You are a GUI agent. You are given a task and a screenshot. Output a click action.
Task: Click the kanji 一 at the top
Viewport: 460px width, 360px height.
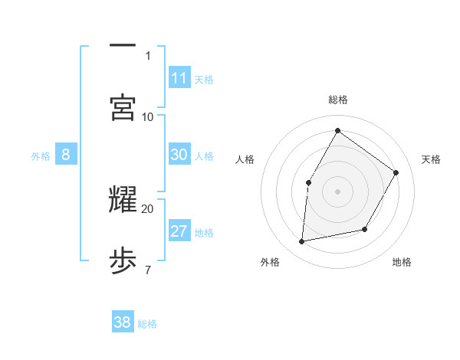(123, 46)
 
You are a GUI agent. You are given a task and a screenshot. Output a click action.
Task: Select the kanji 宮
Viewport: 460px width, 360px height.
(123, 107)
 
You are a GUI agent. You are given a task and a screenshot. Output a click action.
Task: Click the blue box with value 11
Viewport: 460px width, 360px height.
(179, 78)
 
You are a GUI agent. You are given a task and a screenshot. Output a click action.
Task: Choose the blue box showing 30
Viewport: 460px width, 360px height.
(179, 155)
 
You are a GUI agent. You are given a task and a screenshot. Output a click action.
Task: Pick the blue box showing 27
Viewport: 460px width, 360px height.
(179, 231)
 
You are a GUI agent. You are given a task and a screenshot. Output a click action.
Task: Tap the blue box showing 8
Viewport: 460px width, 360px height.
(65, 155)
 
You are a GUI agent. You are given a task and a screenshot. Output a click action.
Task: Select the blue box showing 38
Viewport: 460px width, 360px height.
(123, 322)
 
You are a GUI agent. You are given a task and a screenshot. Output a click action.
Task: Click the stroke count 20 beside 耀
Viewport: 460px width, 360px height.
(148, 208)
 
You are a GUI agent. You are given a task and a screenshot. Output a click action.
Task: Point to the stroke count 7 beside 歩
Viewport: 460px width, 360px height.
(148, 269)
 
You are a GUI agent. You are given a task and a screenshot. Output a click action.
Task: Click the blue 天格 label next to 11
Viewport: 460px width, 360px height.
(204, 79)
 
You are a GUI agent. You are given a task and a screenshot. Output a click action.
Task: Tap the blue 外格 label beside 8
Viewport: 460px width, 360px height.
(41, 155)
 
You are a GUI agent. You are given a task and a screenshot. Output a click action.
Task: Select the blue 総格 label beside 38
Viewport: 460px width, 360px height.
(147, 323)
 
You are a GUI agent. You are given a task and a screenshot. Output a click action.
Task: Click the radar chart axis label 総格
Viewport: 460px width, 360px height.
(337, 100)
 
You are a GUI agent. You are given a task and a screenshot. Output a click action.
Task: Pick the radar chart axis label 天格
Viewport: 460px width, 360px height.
(431, 159)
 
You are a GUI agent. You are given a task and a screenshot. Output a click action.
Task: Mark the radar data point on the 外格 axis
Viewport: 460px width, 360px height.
(302, 242)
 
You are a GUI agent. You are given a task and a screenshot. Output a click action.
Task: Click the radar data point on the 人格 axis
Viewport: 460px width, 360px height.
(309, 182)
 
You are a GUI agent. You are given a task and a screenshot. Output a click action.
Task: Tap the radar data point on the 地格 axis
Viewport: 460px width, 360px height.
(365, 229)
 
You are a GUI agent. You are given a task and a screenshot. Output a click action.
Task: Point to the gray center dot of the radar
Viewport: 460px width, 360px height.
(337, 191)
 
